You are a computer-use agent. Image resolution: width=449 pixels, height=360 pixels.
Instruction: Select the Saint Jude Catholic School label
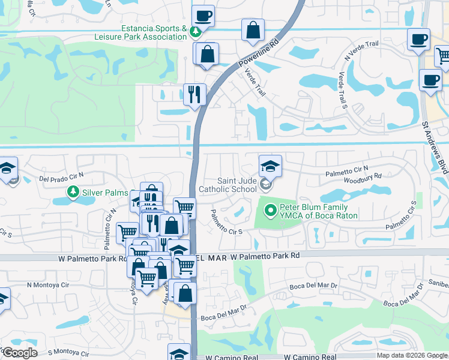[x=236, y=185]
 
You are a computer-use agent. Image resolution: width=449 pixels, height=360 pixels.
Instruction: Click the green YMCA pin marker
[x=270, y=211]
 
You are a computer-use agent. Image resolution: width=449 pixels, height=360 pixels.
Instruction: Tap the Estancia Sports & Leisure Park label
[x=145, y=33]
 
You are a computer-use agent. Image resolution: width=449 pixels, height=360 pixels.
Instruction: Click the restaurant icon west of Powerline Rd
[x=194, y=94]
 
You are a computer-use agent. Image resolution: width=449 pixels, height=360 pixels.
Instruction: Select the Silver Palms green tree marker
[x=73, y=192]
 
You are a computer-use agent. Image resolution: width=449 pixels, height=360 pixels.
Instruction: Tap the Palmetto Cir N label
[x=347, y=172]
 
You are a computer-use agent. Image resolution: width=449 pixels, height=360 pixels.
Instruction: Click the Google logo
[x=19, y=353]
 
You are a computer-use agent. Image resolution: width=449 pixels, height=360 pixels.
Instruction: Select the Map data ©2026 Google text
[x=411, y=355]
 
